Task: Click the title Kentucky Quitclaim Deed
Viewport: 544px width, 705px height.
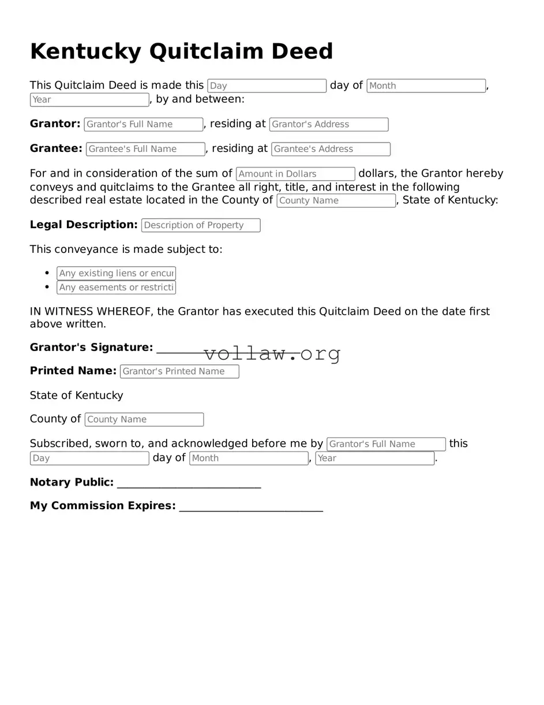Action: click(x=181, y=51)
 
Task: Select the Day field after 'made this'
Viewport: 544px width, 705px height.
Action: click(x=267, y=86)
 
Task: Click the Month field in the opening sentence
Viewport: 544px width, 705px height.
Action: click(x=426, y=86)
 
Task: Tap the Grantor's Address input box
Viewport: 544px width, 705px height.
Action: click(x=328, y=125)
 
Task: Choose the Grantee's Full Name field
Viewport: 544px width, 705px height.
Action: click(x=145, y=150)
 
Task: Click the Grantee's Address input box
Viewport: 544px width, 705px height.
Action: click(x=331, y=150)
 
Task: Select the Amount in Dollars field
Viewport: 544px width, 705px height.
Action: click(x=295, y=174)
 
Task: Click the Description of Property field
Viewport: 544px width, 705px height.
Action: click(x=201, y=226)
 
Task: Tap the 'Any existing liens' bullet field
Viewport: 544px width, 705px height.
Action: click(x=116, y=274)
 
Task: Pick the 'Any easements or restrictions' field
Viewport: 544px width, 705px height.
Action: click(x=116, y=288)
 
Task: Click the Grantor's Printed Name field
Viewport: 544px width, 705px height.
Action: click(x=179, y=372)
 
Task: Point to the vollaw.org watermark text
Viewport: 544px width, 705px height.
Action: click(x=272, y=353)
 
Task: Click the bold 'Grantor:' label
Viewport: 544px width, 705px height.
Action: click(x=55, y=124)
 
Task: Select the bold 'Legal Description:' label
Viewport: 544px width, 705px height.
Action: click(x=84, y=225)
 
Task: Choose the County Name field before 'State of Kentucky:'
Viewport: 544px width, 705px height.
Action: click(x=336, y=201)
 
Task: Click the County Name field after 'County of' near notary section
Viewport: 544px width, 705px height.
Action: click(x=144, y=420)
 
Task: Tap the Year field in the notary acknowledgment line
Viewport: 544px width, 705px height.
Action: click(x=374, y=458)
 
